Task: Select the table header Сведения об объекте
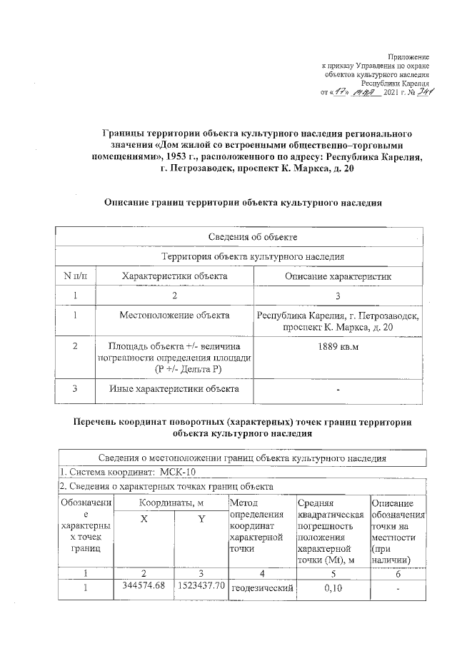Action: click(243, 236)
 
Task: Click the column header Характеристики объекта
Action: click(174, 276)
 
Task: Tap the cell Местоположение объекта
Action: click(174, 314)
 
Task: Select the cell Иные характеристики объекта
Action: click(174, 389)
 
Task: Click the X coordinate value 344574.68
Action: click(144, 586)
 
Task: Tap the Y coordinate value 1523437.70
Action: click(201, 586)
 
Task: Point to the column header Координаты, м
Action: click(172, 504)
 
